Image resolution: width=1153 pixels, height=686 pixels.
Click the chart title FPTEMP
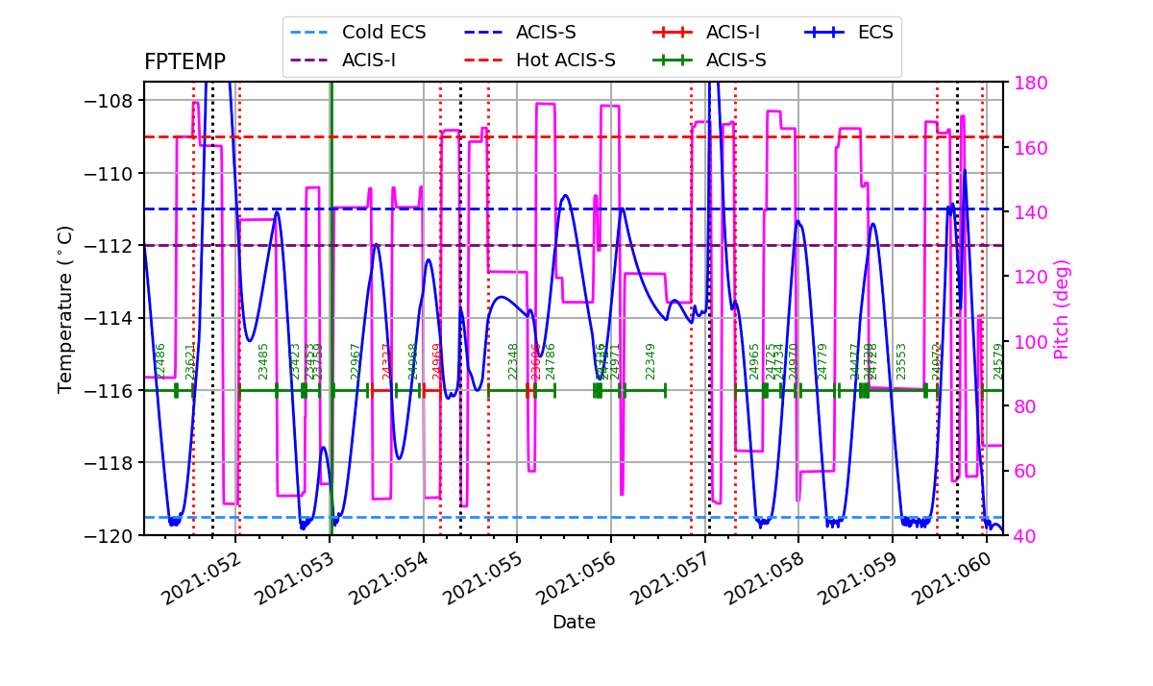tap(184, 62)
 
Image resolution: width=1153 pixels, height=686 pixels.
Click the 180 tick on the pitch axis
tap(1026, 83)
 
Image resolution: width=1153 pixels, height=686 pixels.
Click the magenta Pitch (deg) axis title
tap(1062, 309)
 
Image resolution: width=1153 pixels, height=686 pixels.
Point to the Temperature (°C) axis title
tap(65, 308)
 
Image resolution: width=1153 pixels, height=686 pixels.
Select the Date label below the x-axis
tap(574, 623)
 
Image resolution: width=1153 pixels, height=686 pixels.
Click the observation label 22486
tap(160, 360)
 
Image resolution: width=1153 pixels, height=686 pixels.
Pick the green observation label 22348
tap(513, 360)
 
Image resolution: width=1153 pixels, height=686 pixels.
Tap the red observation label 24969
tap(437, 360)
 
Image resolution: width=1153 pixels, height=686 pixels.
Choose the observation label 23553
tap(901, 360)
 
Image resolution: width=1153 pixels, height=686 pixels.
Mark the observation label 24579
tap(997, 360)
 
